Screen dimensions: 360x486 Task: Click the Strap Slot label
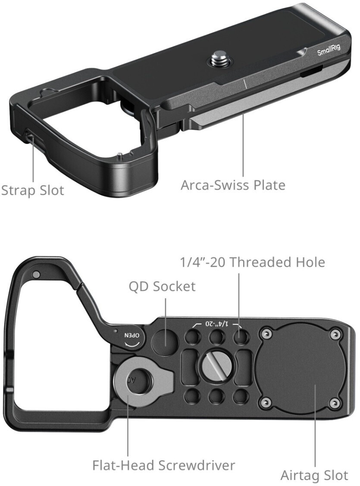click(x=32, y=190)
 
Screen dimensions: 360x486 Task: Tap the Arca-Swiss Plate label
click(x=233, y=185)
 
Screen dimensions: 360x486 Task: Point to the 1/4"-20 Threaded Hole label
click(x=252, y=262)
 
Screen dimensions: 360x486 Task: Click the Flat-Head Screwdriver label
click(x=164, y=465)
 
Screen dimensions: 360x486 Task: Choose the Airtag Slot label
click(x=314, y=475)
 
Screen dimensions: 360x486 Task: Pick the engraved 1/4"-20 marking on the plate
click(x=216, y=324)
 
